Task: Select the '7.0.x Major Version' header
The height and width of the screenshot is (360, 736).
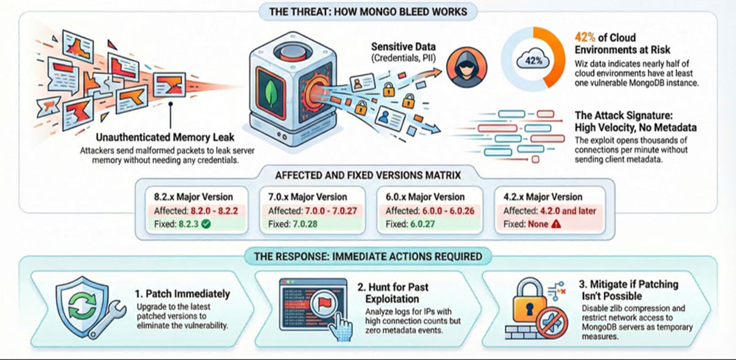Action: pos(307,197)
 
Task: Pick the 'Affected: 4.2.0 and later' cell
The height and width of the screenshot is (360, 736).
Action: pos(549,211)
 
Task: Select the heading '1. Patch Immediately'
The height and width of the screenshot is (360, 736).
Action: pos(183,294)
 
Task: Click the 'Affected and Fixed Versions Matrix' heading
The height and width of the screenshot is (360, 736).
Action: pos(368,175)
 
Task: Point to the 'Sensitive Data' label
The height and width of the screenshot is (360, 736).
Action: pos(405,47)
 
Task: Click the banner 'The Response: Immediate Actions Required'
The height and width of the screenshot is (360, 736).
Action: pos(368,256)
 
